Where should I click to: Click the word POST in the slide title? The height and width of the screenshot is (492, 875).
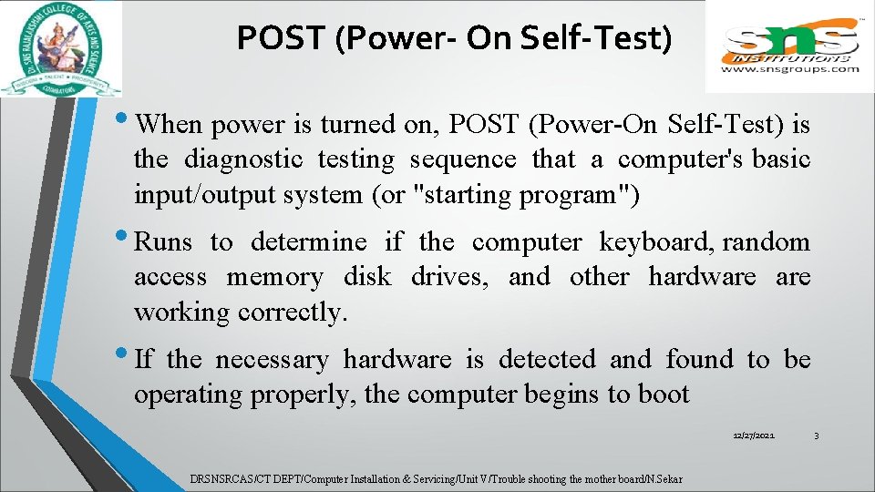tap(281, 38)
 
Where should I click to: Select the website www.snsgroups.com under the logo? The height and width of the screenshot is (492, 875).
tap(789, 68)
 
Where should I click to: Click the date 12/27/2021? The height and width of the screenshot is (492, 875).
tap(754, 437)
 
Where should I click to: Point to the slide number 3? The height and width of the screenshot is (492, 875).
tap(816, 437)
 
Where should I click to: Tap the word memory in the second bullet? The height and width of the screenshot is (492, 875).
tap(274, 277)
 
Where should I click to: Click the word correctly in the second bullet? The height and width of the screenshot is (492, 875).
tap(293, 313)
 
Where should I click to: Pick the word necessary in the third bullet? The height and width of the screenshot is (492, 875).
tap(272, 360)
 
